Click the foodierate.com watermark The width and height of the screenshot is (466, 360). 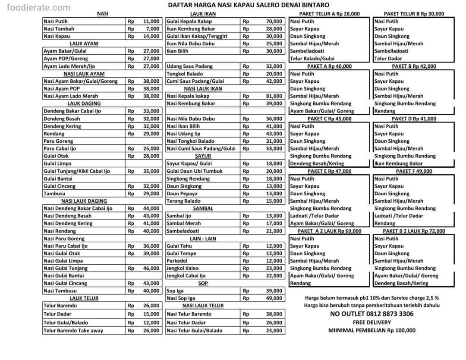pyautogui.click(x=35, y=7)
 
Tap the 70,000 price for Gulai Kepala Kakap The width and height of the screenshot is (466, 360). pyautogui.click(x=274, y=21)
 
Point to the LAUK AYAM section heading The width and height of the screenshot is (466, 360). pyautogui.click(x=84, y=44)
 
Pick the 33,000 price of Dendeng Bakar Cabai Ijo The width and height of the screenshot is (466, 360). pyautogui.click(x=151, y=111)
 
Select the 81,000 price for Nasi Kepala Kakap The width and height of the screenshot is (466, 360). pyautogui.click(x=274, y=96)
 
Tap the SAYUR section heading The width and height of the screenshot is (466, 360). pyautogui.click(x=203, y=156)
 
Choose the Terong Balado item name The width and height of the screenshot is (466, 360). pyautogui.click(x=183, y=201)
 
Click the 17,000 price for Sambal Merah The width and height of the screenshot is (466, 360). pyautogui.click(x=274, y=223)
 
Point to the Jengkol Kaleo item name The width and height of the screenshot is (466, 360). pyautogui.click(x=183, y=268)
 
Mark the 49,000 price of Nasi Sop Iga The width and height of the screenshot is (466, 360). pyautogui.click(x=274, y=298)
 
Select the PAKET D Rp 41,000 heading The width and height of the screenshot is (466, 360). pyautogui.click(x=414, y=119)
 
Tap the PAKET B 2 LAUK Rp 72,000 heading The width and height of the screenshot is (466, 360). pyautogui.click(x=414, y=231)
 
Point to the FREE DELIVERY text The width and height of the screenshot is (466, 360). pyautogui.click(x=372, y=322)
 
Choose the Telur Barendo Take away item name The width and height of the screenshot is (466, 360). pyautogui.click(x=73, y=331)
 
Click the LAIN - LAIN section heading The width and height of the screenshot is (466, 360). pyautogui.click(x=203, y=238)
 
